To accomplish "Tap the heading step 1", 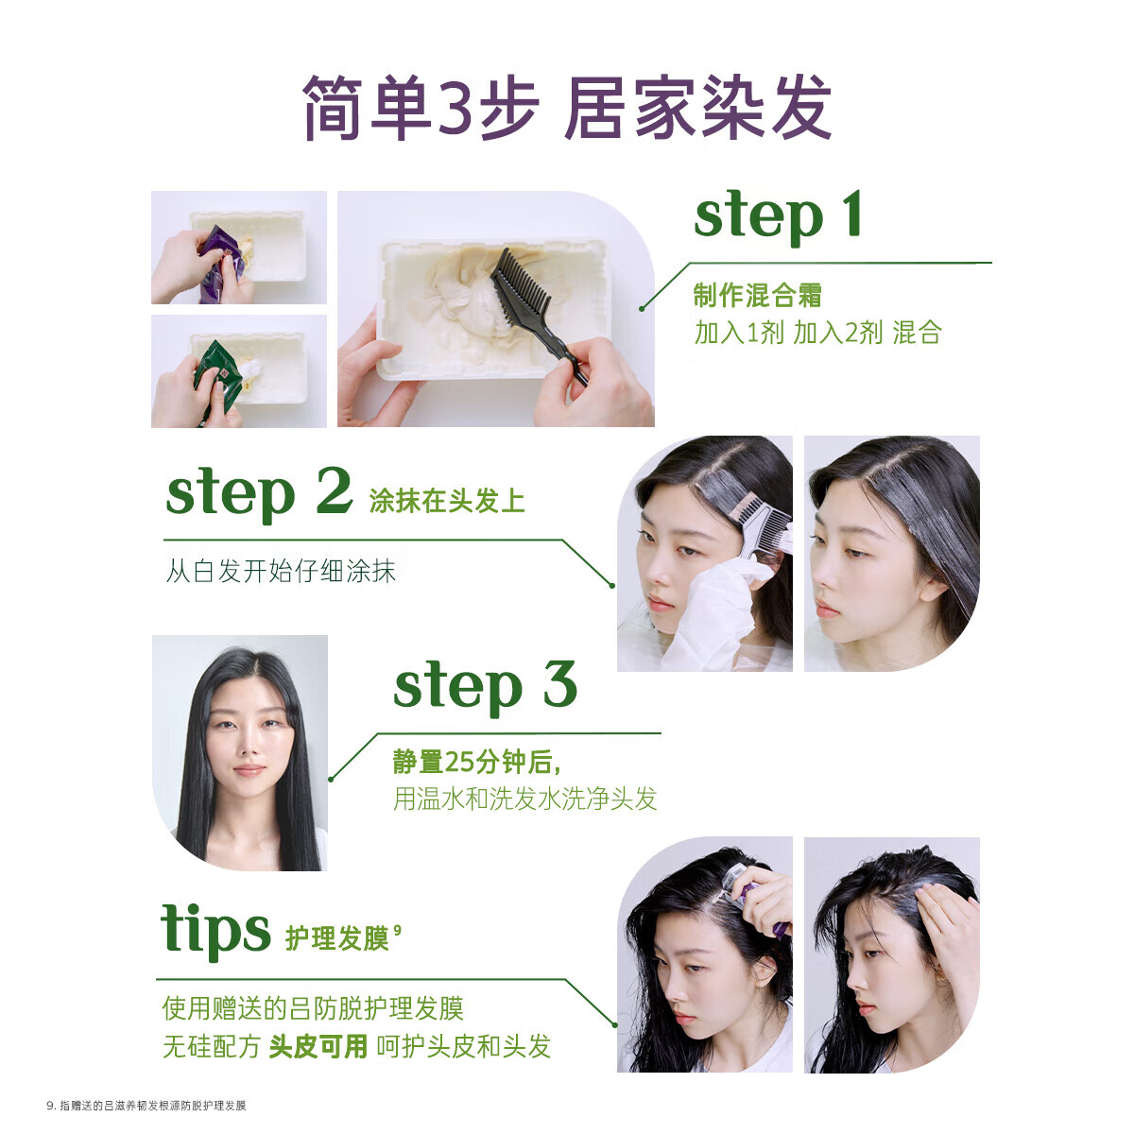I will [x=777, y=217].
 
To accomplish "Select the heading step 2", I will [x=257, y=494].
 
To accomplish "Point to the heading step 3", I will [x=484, y=685].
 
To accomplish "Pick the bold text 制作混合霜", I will [x=757, y=296].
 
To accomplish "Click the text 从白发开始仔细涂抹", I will [x=281, y=572].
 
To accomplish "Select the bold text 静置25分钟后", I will [x=476, y=763].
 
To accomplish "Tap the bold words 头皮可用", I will [x=318, y=1047].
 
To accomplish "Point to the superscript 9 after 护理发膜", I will [x=397, y=930].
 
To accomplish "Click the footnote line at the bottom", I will [x=146, y=1105].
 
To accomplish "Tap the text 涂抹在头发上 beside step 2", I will [x=446, y=501].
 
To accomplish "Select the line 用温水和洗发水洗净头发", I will [x=524, y=799].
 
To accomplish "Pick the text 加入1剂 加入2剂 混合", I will [x=817, y=333].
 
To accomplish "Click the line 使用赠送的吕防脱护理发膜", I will [x=313, y=1008].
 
